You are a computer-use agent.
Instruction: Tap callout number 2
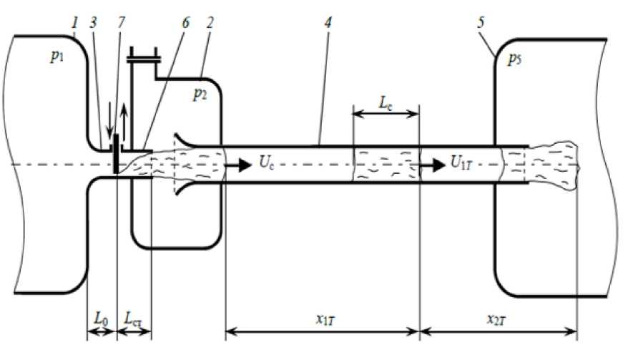(x=210, y=24)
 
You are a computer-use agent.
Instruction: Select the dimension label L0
(x=99, y=315)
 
